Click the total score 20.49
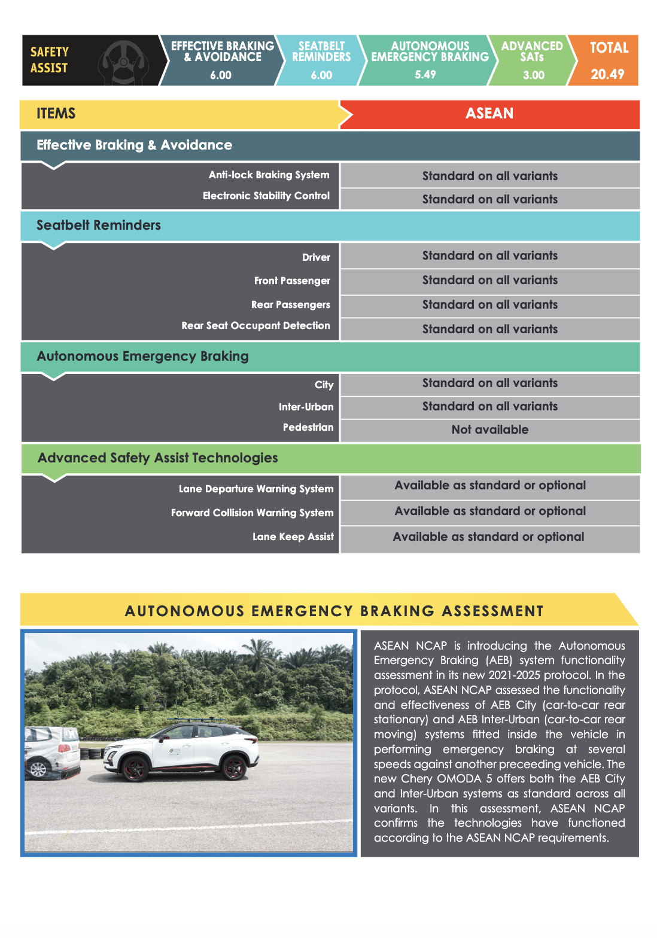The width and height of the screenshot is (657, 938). pyautogui.click(x=607, y=74)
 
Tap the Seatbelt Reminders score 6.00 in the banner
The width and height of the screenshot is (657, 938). pyautogui.click(x=321, y=75)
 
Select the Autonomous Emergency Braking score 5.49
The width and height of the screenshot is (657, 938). pyautogui.click(x=425, y=75)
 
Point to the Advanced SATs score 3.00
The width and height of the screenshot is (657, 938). pyautogui.click(x=533, y=75)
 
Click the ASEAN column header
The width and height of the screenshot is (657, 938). pyautogui.click(x=489, y=114)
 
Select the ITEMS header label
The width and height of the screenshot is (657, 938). pyautogui.click(x=56, y=114)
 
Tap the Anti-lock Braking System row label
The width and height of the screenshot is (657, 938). pyautogui.click(x=269, y=175)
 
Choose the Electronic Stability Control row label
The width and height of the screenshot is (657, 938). pyautogui.click(x=266, y=196)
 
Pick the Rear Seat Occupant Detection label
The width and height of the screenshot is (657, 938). pyautogui.click(x=255, y=325)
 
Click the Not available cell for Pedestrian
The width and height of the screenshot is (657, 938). pyautogui.click(x=489, y=430)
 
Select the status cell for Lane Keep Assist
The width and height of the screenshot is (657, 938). pyautogui.click(x=488, y=537)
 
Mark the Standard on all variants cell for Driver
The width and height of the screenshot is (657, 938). pyautogui.click(x=489, y=255)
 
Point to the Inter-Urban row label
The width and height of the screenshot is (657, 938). pyautogui.click(x=306, y=407)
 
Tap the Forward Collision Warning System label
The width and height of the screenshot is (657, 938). pyautogui.click(x=252, y=513)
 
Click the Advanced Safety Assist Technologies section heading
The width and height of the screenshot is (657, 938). pyautogui.click(x=158, y=458)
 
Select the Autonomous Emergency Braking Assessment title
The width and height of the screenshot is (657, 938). pyautogui.click(x=334, y=611)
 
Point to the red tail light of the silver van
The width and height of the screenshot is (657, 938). pyautogui.click(x=66, y=748)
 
